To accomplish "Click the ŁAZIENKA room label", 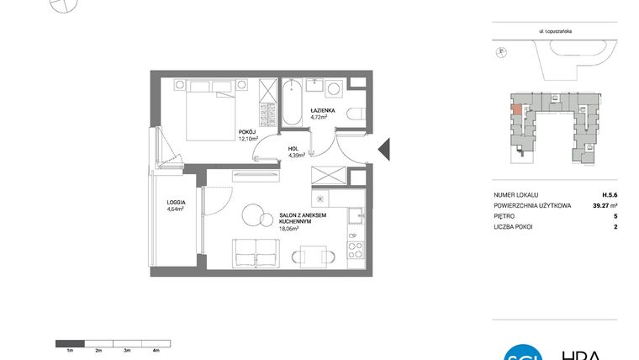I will (x=323, y=110).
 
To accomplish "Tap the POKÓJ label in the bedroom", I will (x=246, y=132).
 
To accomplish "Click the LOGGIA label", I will (x=175, y=202).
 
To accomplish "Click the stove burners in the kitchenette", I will (x=356, y=250).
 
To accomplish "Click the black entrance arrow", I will (x=383, y=149).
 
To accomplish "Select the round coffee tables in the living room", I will (x=252, y=216).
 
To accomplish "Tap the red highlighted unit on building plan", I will (x=514, y=109).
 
